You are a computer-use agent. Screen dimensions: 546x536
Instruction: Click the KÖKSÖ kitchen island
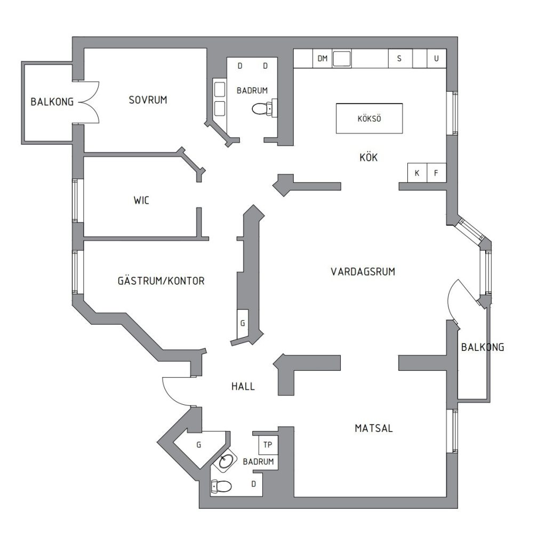pyautogui.click(x=369, y=118)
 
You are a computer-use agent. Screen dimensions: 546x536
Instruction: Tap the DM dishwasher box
pyautogui.click(x=323, y=59)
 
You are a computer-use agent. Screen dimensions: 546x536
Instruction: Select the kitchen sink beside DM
pyautogui.click(x=342, y=59)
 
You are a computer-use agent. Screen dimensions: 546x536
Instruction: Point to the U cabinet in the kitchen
pyautogui.click(x=436, y=59)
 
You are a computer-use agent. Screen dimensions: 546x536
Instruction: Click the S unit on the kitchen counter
pyautogui.click(x=400, y=59)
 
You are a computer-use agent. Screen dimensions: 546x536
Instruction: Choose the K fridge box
pyautogui.click(x=417, y=173)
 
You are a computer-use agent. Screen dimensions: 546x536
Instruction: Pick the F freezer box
pyautogui.click(x=436, y=173)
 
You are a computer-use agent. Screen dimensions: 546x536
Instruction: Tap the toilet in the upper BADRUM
pyautogui.click(x=264, y=108)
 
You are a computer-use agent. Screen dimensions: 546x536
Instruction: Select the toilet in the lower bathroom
pyautogui.click(x=221, y=486)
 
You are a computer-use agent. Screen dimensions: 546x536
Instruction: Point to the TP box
pyautogui.click(x=268, y=445)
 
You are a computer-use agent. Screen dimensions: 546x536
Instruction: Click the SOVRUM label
pyautogui.click(x=148, y=100)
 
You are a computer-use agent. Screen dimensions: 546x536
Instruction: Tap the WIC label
pyautogui.click(x=141, y=200)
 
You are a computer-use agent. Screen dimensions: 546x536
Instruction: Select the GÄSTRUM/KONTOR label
pyautogui.click(x=161, y=281)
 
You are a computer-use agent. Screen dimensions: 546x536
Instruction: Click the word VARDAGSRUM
pyautogui.click(x=363, y=271)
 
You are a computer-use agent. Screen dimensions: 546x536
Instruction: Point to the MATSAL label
pyautogui.click(x=374, y=428)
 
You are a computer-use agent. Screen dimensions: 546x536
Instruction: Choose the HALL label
pyautogui.click(x=243, y=386)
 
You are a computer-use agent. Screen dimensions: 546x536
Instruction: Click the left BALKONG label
pyautogui.click(x=52, y=102)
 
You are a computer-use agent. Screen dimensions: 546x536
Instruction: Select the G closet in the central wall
pyautogui.click(x=243, y=324)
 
